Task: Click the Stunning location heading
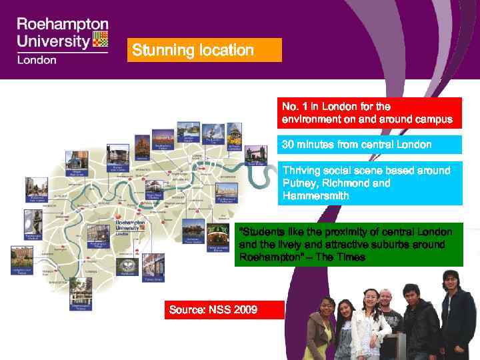193,50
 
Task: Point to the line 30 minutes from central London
357,145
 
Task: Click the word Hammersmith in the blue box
315,197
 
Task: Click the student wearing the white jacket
369,327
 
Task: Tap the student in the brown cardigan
321,333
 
